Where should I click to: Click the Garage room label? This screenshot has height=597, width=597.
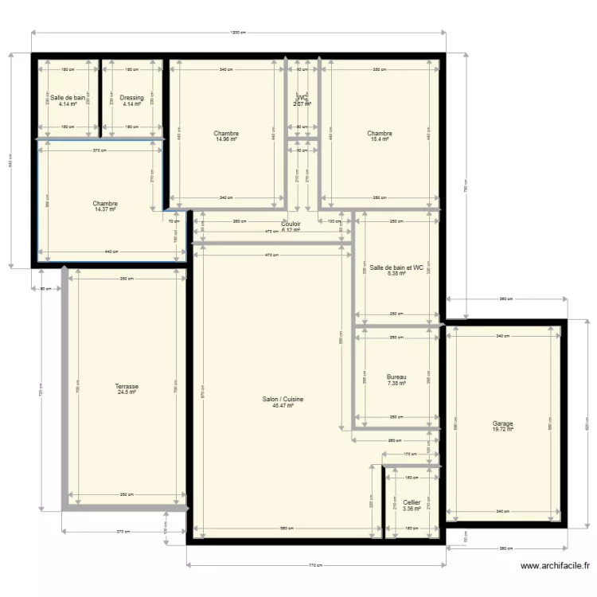click(502, 423)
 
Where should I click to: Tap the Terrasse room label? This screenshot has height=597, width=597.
click(127, 386)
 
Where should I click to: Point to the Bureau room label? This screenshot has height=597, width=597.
click(396, 377)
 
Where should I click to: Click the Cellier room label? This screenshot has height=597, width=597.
click(412, 502)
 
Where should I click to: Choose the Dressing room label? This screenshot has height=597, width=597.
click(132, 98)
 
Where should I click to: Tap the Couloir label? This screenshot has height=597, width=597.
click(291, 224)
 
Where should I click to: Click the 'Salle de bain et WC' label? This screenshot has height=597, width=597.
click(396, 267)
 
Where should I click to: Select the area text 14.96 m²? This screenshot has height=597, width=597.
click(226, 139)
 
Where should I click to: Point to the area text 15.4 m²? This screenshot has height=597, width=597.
click(380, 139)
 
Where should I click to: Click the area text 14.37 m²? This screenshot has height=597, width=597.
click(105, 209)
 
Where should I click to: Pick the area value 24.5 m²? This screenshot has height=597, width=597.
click(127, 392)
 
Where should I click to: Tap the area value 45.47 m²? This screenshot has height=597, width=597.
click(283, 406)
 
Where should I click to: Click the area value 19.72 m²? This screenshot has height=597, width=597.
click(502, 430)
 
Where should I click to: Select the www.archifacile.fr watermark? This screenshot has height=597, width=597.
click(555, 567)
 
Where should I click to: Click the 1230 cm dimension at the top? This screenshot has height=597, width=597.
click(237, 33)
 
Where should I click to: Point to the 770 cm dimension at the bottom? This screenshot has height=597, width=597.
click(315, 565)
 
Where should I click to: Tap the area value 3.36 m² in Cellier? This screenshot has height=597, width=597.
click(412, 509)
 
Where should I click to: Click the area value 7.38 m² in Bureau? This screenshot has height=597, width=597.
click(396, 383)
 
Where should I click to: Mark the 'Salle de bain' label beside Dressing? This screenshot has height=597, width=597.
click(68, 98)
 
